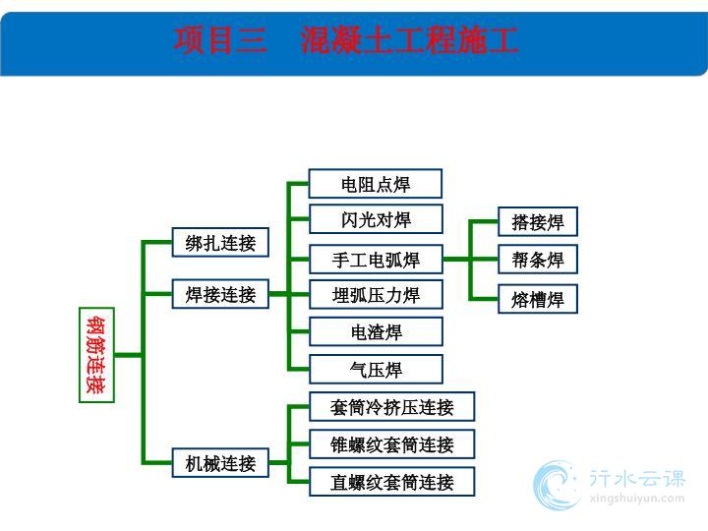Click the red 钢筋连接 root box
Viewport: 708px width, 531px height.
96,355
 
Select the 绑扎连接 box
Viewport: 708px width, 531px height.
220,243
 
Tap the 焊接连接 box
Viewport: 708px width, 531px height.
220,294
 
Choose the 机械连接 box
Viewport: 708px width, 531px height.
220,463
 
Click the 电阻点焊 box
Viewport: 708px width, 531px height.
376,184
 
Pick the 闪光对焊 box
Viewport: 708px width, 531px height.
376,219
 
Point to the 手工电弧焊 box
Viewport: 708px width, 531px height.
376,260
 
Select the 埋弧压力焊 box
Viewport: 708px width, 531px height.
376,294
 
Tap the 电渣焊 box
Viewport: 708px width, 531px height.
376,331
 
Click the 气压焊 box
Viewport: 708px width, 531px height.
376,370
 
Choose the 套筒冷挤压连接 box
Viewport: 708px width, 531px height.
392,407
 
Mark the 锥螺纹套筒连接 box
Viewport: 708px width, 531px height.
392,444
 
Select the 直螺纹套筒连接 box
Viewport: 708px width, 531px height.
392,482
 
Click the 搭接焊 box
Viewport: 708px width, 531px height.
538,221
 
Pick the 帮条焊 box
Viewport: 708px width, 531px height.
538,260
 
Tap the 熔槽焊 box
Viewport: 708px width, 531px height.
538,299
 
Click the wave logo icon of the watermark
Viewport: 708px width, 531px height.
557,485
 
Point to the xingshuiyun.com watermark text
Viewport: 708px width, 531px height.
636,499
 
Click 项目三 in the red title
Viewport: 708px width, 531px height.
220,40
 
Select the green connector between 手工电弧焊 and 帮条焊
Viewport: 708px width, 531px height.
470,260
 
